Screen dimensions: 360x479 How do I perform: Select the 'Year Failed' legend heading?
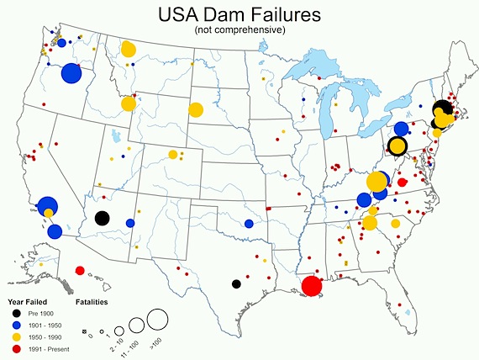point(28,300)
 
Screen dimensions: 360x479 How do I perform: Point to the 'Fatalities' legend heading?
point(90,300)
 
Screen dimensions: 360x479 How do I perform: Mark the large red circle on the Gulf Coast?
point(311,286)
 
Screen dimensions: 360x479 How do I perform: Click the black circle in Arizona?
point(102,218)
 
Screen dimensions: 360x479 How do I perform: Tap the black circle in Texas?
point(236,283)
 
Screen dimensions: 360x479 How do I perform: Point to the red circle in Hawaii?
point(80,270)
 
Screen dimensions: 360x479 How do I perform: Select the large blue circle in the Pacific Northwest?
point(71,74)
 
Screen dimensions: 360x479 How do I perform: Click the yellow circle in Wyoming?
point(195,109)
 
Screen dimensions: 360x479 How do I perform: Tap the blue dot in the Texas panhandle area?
point(249,224)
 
